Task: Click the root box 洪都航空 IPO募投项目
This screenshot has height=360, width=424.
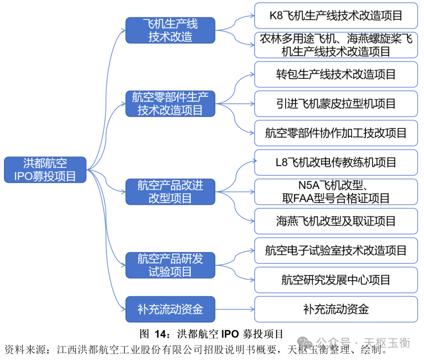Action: (45, 170)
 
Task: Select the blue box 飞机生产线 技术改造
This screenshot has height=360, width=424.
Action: (170, 30)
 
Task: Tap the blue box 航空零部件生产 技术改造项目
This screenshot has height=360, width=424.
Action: (170, 104)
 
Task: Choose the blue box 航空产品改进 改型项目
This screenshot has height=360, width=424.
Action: (170, 192)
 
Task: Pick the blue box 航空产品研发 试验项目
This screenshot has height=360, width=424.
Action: (170, 265)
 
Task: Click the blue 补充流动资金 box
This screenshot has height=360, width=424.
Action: (170, 309)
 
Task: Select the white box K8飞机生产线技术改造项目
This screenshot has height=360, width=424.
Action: (336, 16)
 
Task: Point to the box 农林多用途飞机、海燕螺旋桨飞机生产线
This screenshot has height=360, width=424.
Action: (336, 45)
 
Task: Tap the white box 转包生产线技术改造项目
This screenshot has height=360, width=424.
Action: (336, 74)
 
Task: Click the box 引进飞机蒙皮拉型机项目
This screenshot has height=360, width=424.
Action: (336, 104)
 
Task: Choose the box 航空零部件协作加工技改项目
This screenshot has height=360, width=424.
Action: (336, 133)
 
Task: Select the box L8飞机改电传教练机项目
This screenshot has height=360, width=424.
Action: (336, 162)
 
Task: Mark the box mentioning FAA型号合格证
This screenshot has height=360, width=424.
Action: (336, 192)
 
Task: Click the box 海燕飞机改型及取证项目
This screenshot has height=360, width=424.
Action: (336, 221)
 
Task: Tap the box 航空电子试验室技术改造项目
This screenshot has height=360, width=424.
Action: (336, 250)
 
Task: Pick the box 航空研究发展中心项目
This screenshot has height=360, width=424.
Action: (336, 280)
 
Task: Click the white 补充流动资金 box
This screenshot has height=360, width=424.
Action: (336, 309)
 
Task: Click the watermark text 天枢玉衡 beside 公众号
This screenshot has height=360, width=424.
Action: (387, 342)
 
